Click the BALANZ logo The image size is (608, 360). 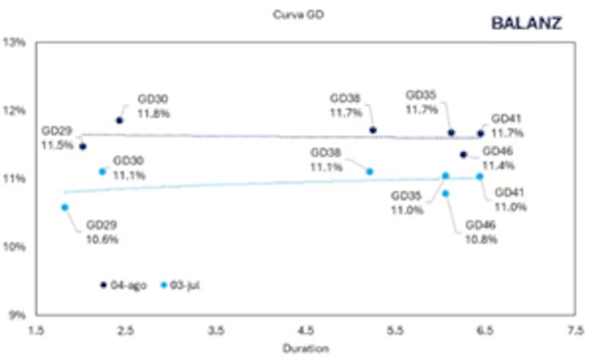(527, 23)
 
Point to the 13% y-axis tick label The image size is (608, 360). (15, 43)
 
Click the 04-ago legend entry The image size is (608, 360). (123, 285)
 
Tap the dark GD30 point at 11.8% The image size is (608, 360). (119, 120)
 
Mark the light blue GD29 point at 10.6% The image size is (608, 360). (65, 207)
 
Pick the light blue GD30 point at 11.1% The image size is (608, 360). (103, 172)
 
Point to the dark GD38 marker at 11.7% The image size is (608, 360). (373, 130)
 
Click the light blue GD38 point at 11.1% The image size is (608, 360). (370, 172)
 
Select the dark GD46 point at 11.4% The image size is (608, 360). (464, 154)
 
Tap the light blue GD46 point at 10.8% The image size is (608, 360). (445, 194)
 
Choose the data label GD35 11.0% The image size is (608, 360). (407, 203)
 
